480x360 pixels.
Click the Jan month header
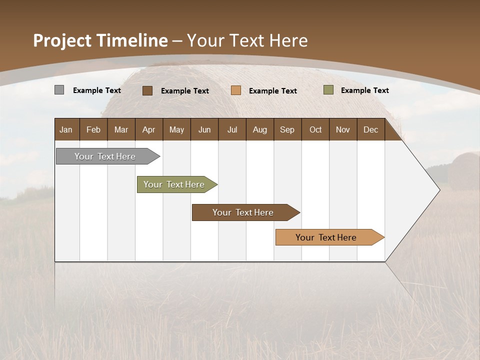[66, 129]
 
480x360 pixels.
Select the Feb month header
[93, 129]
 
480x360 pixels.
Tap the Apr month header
[148, 129]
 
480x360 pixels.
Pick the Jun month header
[204, 129]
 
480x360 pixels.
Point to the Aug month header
[259, 129]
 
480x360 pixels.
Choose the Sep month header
[287, 129]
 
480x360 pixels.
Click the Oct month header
[315, 129]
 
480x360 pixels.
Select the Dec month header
[370, 129]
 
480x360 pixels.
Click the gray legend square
[59, 90]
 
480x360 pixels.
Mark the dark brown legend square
[147, 90]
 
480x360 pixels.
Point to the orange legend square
[236, 90]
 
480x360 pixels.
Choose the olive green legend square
[328, 90]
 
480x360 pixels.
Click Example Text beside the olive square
[364, 90]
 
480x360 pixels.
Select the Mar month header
[121, 129]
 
